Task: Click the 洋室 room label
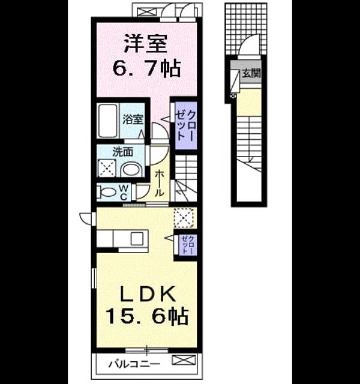pos(146,43)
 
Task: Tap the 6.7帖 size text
pos(146,68)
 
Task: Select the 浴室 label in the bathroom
pos(133,119)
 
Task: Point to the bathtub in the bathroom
pos(107,121)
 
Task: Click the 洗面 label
pos(122,152)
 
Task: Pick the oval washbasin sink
pos(131,169)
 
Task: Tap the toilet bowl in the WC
pos(106,192)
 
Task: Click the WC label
pos(124,192)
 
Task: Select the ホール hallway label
pos(159,183)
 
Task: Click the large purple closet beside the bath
pos(186,125)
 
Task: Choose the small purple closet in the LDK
pos(188,245)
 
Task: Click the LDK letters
pos(147,293)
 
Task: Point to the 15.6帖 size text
pos(147,316)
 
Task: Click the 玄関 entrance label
pos(251,73)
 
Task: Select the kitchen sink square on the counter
pos(137,239)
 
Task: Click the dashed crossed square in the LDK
pos(184,217)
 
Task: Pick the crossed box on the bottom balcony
pos(184,360)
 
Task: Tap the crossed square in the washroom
pos(107,168)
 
